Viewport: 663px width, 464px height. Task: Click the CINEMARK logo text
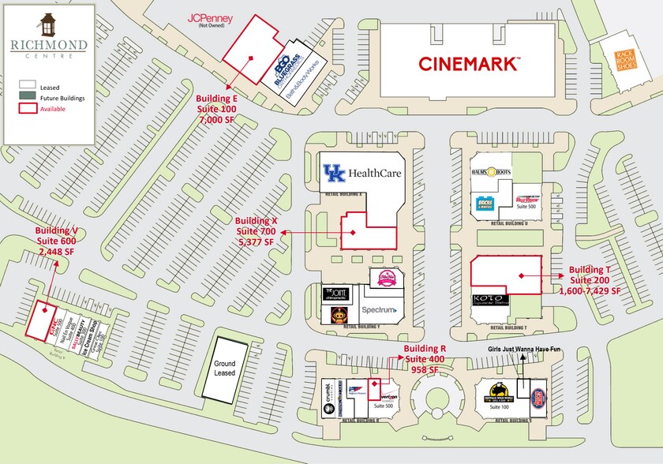tap(469, 62)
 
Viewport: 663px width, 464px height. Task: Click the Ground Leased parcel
tap(225, 368)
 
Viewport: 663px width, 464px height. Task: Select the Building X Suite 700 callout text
tap(256, 230)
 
